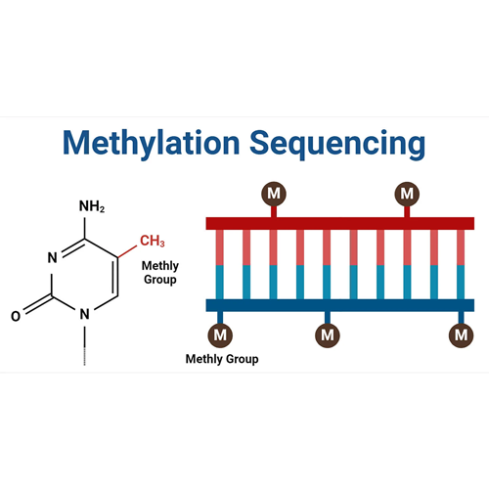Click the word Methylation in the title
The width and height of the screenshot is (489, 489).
152,144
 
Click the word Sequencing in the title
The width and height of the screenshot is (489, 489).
337,144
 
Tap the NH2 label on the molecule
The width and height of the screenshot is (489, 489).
92,206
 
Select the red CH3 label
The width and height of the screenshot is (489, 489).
153,241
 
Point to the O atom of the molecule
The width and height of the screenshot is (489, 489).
16,316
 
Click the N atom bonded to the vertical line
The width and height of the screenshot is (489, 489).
85,314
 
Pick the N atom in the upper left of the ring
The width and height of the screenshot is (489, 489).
53,257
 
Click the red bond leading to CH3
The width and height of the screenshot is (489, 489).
127,251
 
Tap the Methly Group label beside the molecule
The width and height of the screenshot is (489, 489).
160,273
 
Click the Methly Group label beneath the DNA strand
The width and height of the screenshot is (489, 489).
222,359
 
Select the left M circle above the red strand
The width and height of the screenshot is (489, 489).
274,194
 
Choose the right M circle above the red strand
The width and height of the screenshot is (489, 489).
407,194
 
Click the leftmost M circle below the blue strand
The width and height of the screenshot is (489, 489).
220,335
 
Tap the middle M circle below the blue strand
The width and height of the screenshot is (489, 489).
328,335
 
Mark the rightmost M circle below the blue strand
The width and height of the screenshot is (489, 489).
461,335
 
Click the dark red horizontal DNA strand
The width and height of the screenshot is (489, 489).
340,224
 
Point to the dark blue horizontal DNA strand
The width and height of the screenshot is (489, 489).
340,305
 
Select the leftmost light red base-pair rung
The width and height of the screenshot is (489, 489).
220,247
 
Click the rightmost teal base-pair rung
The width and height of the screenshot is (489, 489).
461,282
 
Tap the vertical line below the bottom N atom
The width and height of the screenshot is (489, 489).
85,345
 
